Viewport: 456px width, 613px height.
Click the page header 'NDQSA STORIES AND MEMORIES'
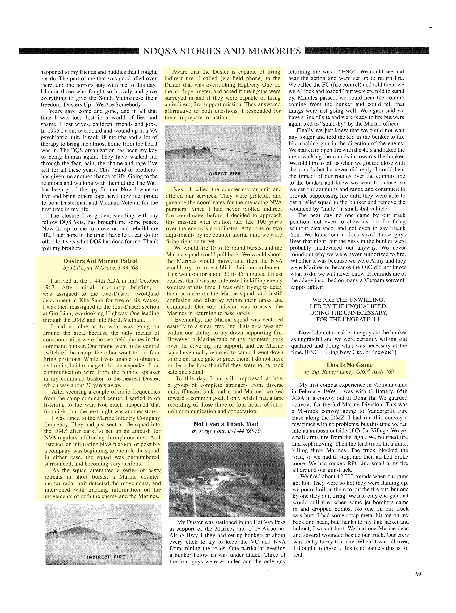[222, 51]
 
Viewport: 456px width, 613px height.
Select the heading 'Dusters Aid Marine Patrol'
[100, 261]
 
